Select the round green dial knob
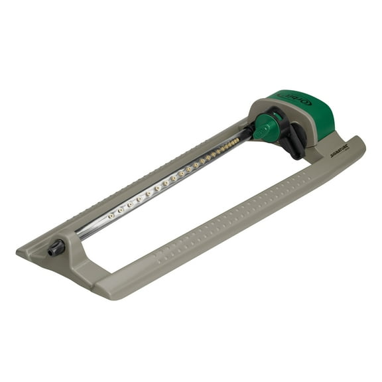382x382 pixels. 266,125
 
